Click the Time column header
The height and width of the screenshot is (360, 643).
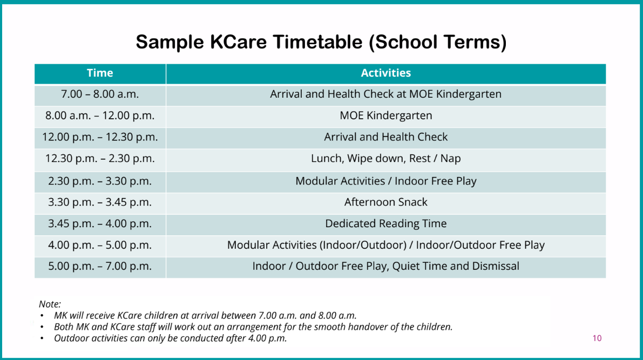tap(100, 73)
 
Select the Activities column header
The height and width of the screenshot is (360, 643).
tap(385, 73)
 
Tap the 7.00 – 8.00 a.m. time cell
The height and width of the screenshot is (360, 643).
tap(100, 94)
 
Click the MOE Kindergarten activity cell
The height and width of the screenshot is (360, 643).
tap(385, 116)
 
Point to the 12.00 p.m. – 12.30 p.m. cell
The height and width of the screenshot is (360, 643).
tap(100, 138)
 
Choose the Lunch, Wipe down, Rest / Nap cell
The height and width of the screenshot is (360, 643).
tap(385, 159)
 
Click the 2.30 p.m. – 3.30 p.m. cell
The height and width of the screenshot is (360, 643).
tap(100, 181)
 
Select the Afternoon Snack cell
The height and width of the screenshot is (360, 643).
tap(385, 202)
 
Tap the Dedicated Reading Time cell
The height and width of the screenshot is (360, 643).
tap(385, 224)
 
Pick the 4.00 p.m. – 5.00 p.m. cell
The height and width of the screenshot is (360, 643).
tap(100, 246)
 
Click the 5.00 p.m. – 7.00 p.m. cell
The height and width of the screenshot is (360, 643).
tap(100, 267)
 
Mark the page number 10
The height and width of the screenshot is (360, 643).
tap(597, 338)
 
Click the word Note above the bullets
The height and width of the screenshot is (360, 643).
tap(50, 304)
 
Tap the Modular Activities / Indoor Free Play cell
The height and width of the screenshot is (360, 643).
tap(385, 181)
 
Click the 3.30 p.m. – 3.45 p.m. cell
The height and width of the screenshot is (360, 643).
tap(100, 202)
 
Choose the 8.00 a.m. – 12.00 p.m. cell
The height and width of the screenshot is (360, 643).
tap(100, 116)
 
